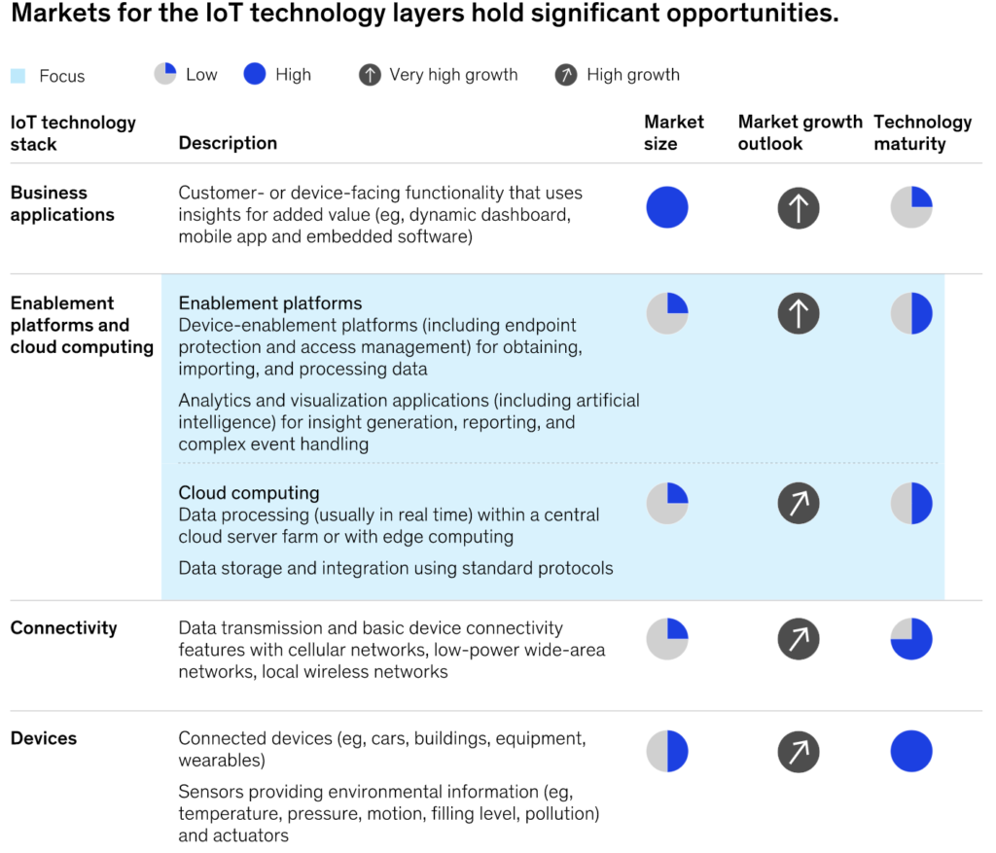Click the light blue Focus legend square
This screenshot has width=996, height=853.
click(x=18, y=76)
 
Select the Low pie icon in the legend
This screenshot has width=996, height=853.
click(x=165, y=74)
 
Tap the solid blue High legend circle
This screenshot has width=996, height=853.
click(x=255, y=74)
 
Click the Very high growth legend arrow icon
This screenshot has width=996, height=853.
click(x=370, y=75)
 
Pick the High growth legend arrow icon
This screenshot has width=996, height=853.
click(x=566, y=75)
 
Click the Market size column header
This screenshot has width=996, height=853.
click(x=673, y=132)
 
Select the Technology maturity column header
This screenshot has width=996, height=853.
click(x=922, y=132)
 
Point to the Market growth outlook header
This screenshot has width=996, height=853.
click(x=800, y=132)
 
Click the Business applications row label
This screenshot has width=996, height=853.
click(x=62, y=203)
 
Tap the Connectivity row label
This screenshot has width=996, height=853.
click(x=63, y=627)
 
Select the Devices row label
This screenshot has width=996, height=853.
click(x=44, y=738)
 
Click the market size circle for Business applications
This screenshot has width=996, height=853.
click(x=667, y=207)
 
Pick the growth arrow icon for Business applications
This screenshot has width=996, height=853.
click(x=799, y=207)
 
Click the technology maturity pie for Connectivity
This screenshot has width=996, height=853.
click(x=911, y=638)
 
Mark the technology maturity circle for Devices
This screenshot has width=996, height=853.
click(x=911, y=751)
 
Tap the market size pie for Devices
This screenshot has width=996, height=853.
click(x=667, y=751)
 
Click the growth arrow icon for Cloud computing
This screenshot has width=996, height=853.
click(x=799, y=503)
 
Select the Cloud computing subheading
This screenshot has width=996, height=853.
click(x=249, y=492)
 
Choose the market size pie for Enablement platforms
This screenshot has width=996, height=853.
click(x=667, y=313)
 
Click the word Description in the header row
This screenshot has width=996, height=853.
click(x=228, y=143)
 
